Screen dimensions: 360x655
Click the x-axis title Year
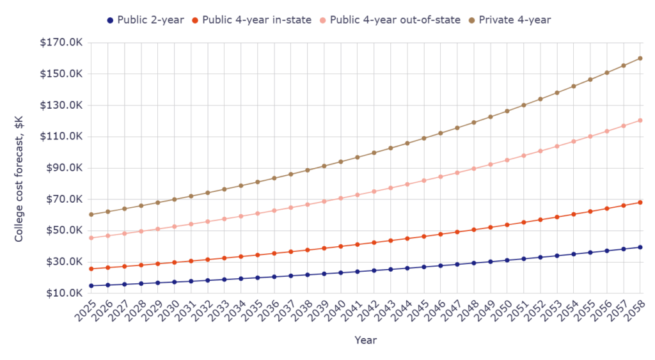[x=366, y=341]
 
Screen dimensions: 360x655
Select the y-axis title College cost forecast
[x=20, y=168]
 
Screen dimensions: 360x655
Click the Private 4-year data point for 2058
[x=640, y=58]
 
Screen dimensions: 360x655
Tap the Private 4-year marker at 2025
[x=91, y=214]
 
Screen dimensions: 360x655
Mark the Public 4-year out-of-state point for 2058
[x=640, y=120]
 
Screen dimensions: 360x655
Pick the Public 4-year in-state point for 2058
[x=640, y=202]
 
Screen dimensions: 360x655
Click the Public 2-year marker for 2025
[x=91, y=286]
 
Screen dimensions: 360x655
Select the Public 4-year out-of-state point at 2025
[x=91, y=238]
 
